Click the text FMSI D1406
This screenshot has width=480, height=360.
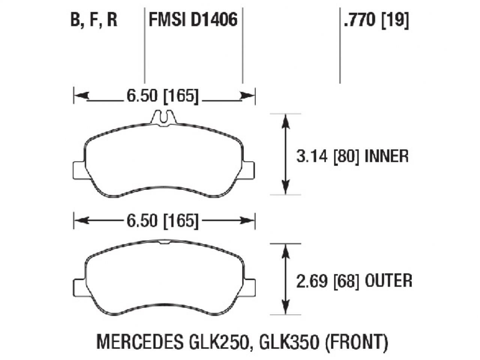pos(193,19)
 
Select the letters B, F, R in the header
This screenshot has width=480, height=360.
pos(94,19)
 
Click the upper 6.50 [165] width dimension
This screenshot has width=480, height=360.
pos(162,96)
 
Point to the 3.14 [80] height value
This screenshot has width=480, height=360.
pos(324,156)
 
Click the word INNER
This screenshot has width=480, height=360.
pos(386,156)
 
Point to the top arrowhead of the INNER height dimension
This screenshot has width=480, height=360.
pos(286,121)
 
